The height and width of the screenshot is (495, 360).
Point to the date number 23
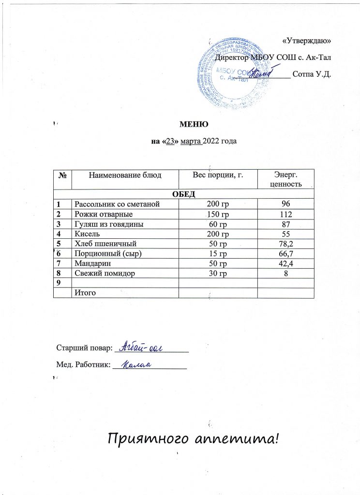pos(170,141)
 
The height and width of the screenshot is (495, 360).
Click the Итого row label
pos(84,292)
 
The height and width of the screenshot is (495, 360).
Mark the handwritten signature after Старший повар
pos(144,346)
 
